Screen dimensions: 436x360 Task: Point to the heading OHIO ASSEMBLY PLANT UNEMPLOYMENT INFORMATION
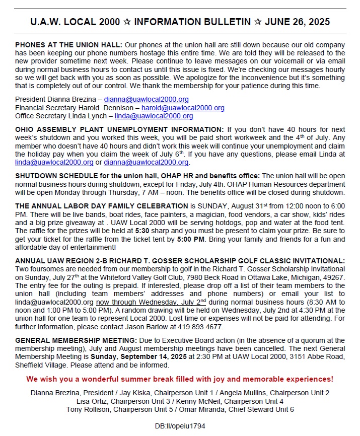[117, 129]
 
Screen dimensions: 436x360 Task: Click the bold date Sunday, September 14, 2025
[130, 356]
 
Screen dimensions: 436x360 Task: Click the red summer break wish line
[180, 379]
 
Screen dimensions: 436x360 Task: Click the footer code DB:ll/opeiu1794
[180, 426]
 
